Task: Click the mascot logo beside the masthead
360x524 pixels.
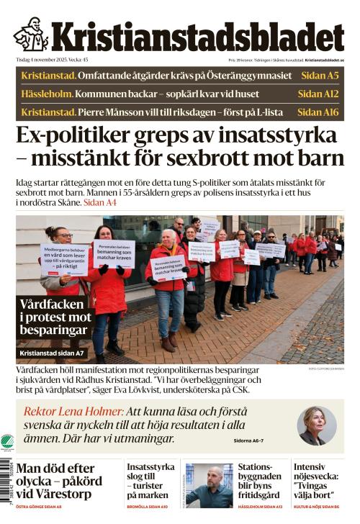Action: point(30,35)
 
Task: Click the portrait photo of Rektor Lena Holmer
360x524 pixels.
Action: point(316,425)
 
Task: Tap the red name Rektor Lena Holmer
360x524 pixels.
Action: point(73,412)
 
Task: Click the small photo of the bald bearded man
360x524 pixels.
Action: point(210,484)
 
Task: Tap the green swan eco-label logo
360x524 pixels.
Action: point(7,442)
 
